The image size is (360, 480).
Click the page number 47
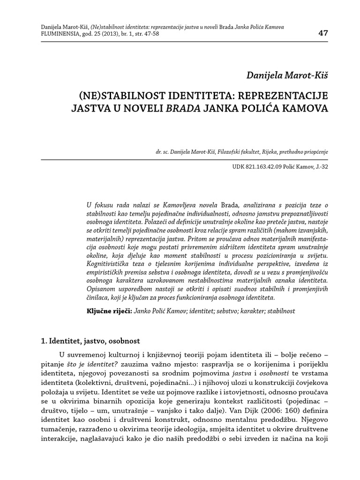322,33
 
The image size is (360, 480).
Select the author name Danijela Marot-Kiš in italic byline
287,75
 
